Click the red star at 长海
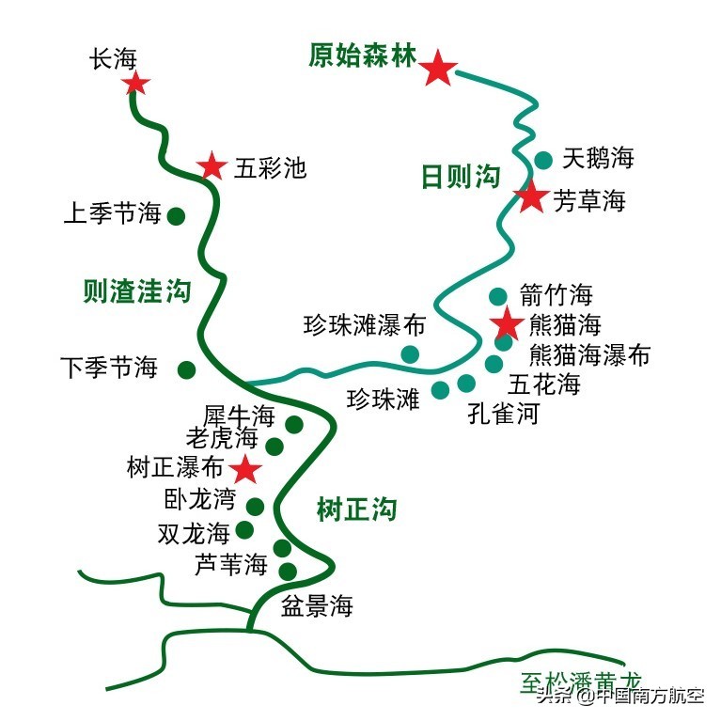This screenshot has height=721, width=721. [136, 84]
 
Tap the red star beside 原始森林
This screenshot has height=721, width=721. [437, 68]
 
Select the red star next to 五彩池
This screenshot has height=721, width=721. [212, 166]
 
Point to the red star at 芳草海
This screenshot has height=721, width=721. [531, 197]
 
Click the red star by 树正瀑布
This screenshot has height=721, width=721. [247, 468]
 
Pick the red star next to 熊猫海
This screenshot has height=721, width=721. [507, 325]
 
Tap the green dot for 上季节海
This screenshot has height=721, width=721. [176, 216]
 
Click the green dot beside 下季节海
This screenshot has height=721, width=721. [187, 368]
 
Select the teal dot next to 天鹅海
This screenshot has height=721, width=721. [543, 160]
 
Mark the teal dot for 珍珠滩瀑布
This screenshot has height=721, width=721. [410, 353]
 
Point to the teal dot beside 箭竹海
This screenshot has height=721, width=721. [498, 297]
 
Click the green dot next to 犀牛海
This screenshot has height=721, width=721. [294, 424]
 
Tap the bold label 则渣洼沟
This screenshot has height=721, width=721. [136, 291]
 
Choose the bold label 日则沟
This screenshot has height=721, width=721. [460, 177]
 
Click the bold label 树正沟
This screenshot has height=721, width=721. [356, 510]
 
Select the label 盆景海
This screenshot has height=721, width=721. [317, 606]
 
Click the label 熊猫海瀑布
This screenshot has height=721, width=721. [589, 355]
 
